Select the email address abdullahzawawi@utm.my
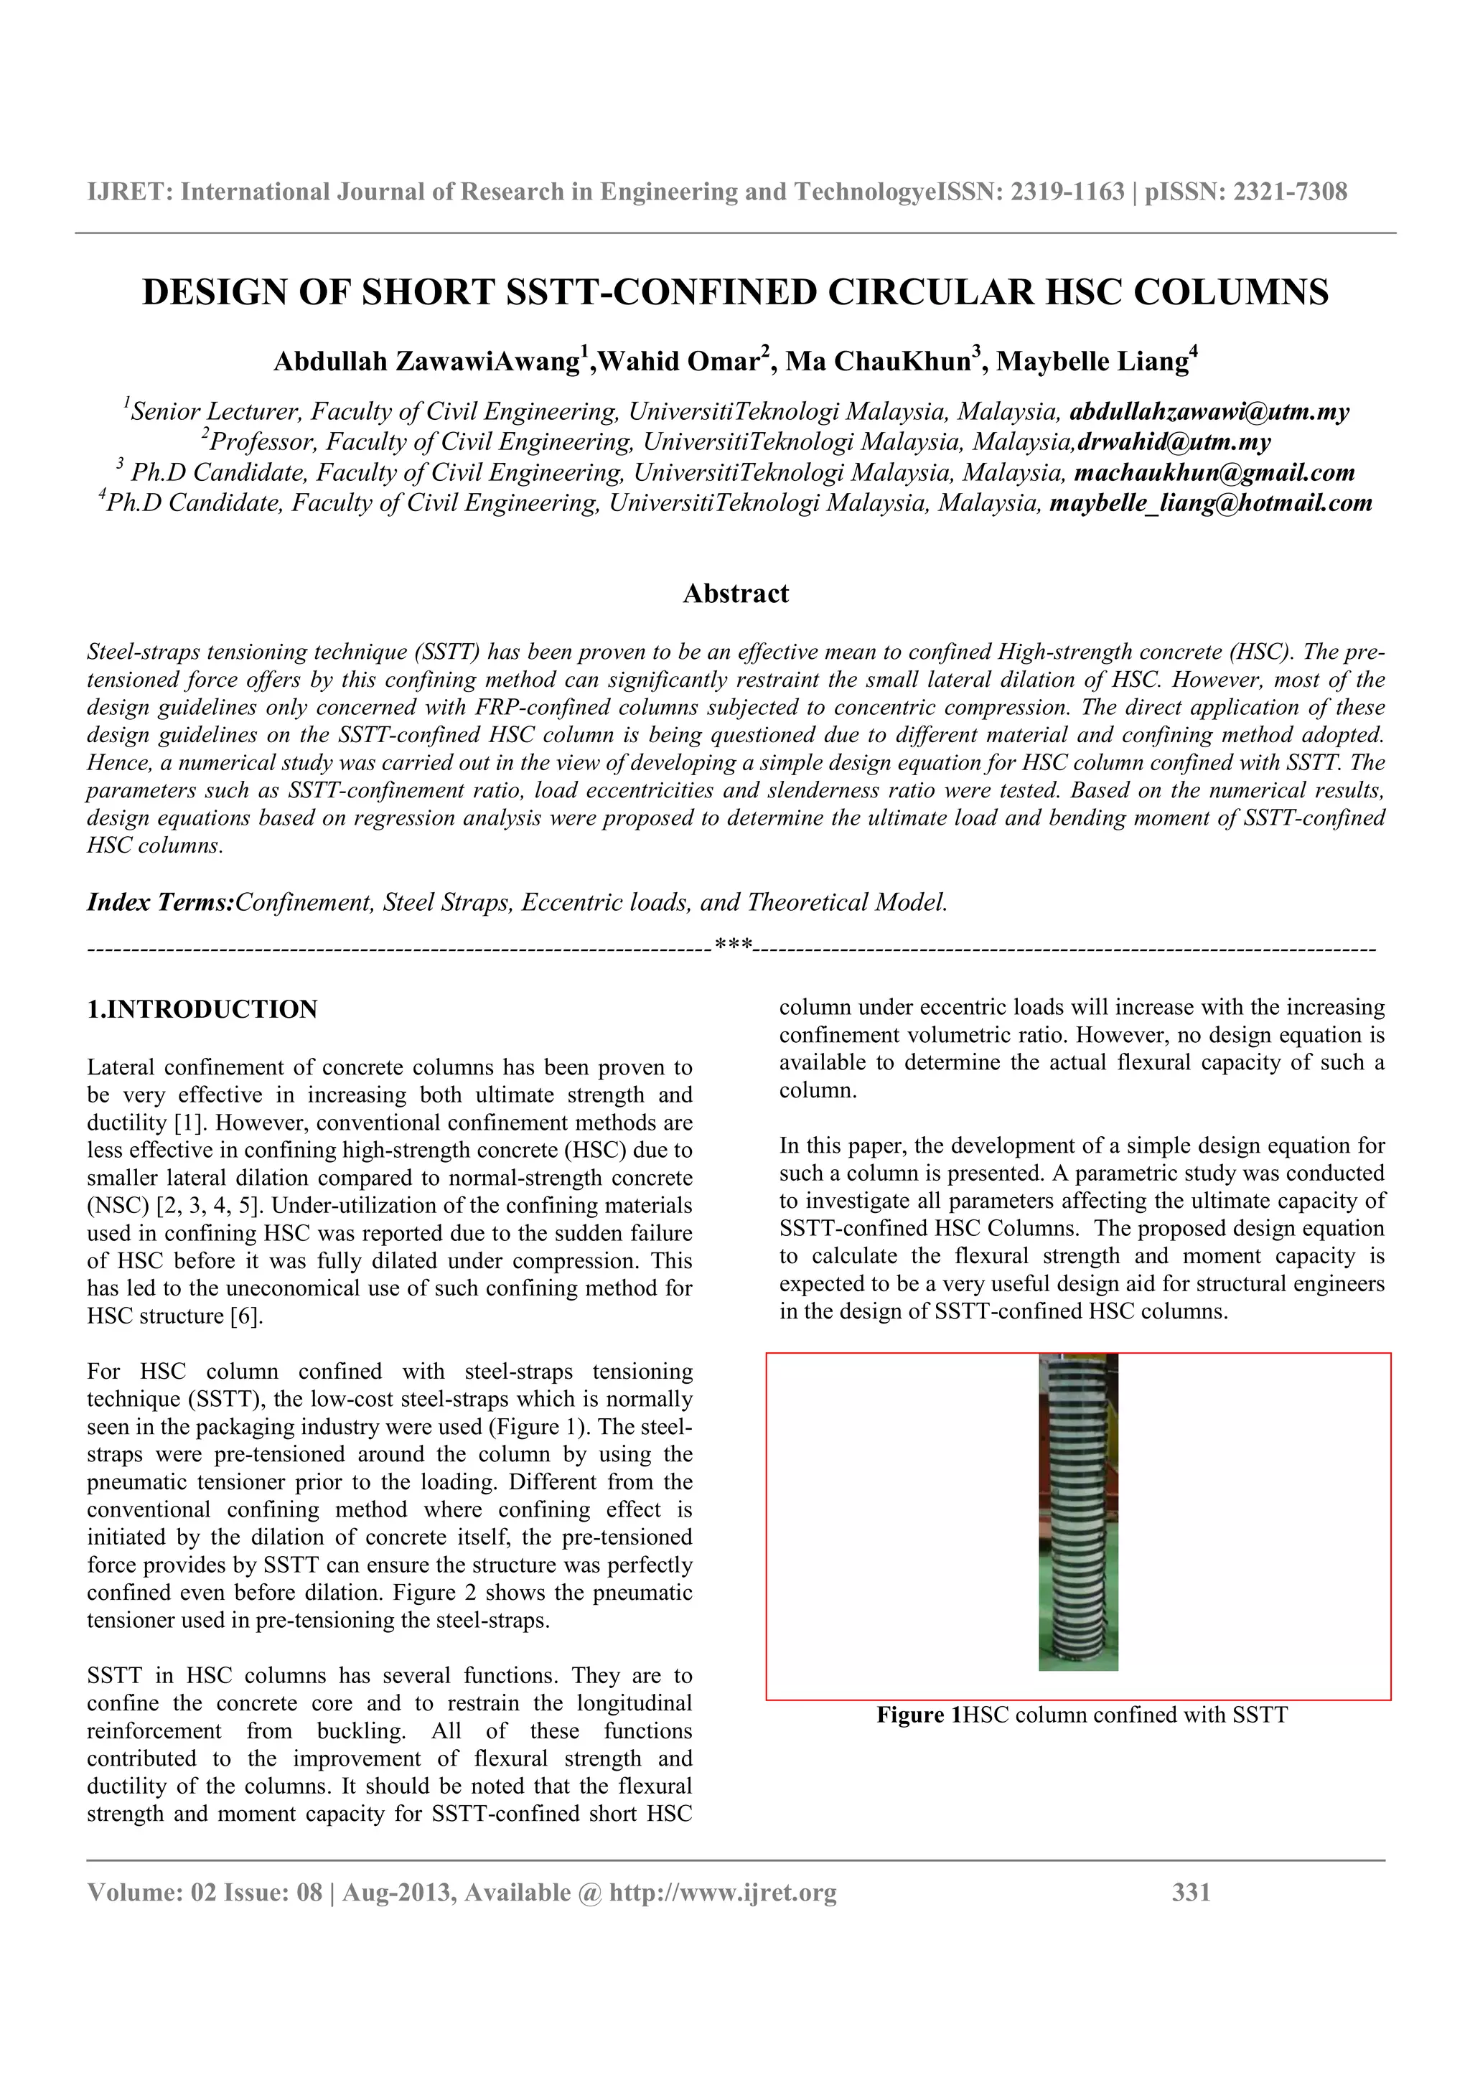click(x=1209, y=412)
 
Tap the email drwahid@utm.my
click(x=1174, y=442)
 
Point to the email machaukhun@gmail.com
click(x=1214, y=473)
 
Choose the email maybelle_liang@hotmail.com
click(x=1210, y=503)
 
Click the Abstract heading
click(x=736, y=594)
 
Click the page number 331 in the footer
click(x=1191, y=1891)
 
